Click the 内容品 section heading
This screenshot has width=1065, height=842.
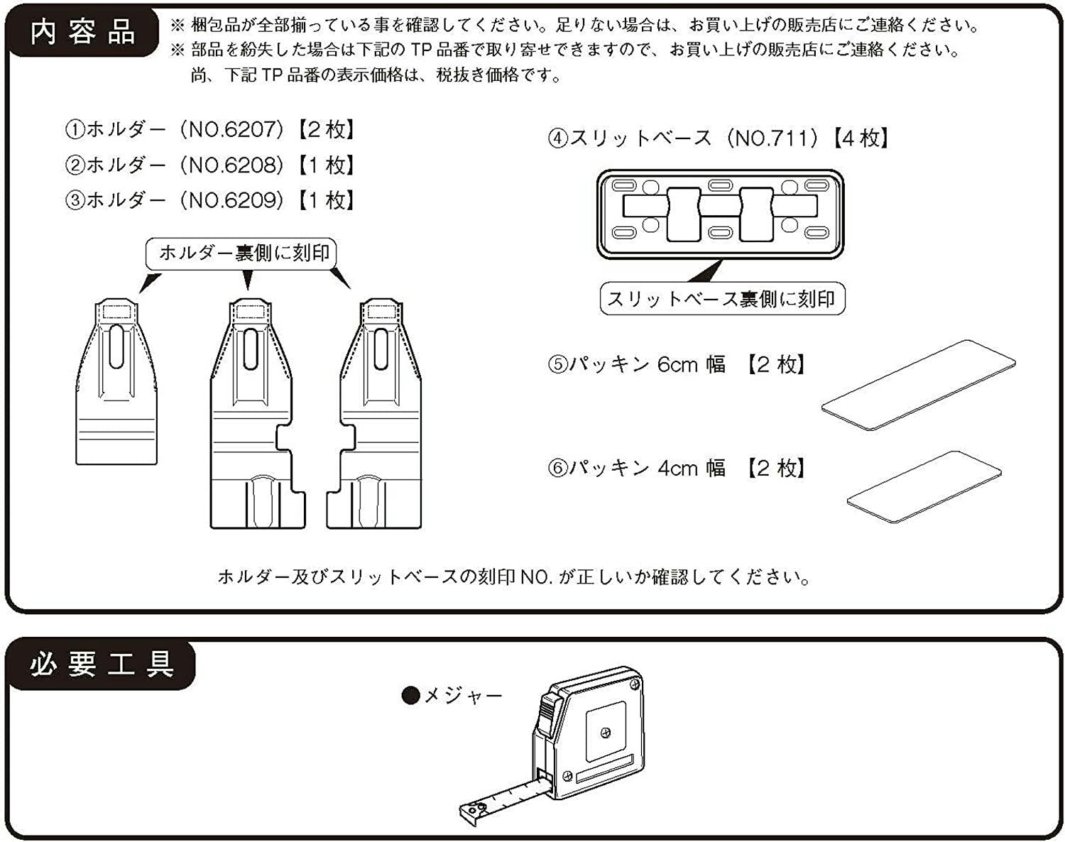[82, 33]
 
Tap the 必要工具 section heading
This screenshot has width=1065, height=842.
[102, 665]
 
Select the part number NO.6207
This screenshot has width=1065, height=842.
[231, 129]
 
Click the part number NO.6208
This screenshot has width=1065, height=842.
[231, 165]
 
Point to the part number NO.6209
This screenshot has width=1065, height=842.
[231, 200]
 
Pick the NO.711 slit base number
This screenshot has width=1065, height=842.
[772, 138]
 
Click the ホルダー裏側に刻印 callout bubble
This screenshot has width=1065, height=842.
[241, 253]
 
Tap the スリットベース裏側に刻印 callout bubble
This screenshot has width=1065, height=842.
[722, 299]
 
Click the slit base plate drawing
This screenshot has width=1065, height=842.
[720, 214]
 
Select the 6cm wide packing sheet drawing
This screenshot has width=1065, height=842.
[919, 384]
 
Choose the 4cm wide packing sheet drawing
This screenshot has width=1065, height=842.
[924, 486]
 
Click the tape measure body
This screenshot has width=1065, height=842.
[593, 731]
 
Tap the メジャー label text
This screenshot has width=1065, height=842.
[463, 696]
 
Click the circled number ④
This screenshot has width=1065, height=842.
[558, 138]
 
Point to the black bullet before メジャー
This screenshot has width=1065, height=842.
[410, 696]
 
